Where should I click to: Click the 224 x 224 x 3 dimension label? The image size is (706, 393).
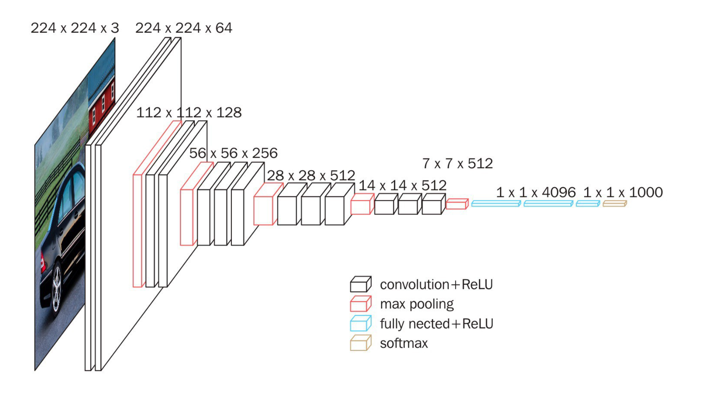pos(75,28)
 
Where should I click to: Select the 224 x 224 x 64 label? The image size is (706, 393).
pos(184,28)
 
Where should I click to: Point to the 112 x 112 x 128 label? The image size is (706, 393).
pos(189,112)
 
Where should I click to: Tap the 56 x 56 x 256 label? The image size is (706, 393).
pos(233,153)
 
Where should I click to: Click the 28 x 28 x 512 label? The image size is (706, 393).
pos(311,175)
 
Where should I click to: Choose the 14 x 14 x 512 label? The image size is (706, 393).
pos(402,185)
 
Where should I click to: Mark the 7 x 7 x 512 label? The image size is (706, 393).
pos(457,163)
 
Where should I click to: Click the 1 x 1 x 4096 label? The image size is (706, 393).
pos(535,192)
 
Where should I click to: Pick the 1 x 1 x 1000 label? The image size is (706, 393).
pos(623,192)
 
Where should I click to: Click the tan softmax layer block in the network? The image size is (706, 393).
pos(614,203)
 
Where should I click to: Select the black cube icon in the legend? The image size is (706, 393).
pos(360,284)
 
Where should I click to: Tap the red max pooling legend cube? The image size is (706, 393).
pos(360,304)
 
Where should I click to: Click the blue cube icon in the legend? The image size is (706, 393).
pos(360,324)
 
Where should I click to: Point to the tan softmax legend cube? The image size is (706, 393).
pos(360,343)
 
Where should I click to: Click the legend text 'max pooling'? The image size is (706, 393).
pos(417,304)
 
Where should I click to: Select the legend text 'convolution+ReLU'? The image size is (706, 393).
pos(436,284)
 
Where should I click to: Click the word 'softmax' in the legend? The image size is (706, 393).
pos(404,343)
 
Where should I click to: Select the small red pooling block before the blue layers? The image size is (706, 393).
pos(457,204)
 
